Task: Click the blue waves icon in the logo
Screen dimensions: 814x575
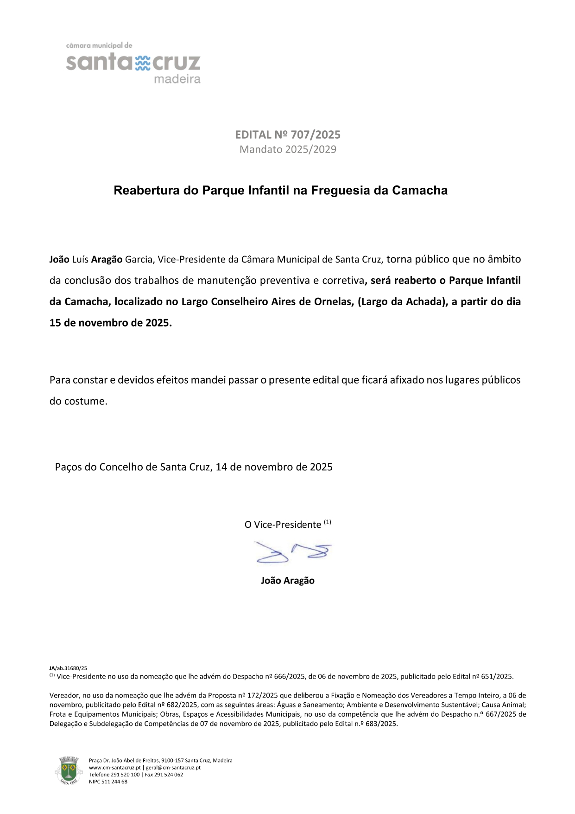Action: tap(143, 63)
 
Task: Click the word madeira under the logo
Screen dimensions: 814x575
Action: tap(177, 79)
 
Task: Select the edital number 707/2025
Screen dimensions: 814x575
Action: tap(316, 135)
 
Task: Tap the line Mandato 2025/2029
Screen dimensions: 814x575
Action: tap(288, 149)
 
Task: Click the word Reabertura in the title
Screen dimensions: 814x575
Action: tap(147, 191)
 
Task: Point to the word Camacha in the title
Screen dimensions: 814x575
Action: tap(420, 191)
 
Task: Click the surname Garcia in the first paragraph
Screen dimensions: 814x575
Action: tap(139, 259)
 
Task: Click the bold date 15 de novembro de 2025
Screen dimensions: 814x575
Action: tap(110, 323)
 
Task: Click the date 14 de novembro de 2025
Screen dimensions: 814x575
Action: tap(274, 467)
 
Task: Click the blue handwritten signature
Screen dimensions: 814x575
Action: tap(293, 552)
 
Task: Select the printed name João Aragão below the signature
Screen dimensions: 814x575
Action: tap(287, 581)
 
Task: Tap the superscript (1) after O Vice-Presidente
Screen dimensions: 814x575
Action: tap(328, 522)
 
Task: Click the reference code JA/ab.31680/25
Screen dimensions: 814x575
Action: tap(68, 668)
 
